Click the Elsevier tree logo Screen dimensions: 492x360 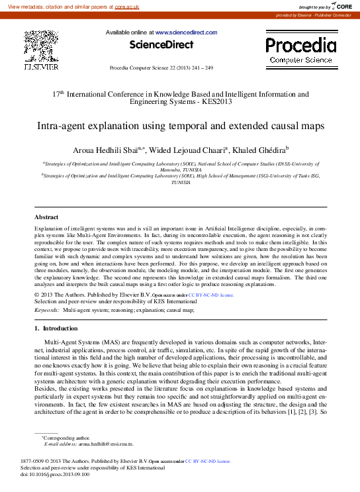[x=41, y=46]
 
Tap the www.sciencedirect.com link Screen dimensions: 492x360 [x=185, y=32]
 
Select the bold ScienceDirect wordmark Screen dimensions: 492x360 [x=161, y=45]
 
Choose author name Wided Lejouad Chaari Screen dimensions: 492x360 [x=188, y=150]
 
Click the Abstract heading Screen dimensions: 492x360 [x=46, y=217]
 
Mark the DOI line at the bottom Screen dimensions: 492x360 [x=55, y=475]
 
